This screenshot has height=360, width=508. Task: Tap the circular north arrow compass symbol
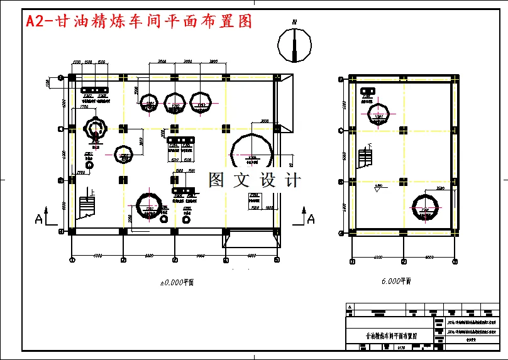294,45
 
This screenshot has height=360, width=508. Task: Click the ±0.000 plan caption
176,283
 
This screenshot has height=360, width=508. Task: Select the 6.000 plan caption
396,281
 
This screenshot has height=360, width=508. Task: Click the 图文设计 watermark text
254,180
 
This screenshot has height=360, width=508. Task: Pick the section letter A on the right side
311,219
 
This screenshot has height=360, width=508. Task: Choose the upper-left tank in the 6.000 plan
378,117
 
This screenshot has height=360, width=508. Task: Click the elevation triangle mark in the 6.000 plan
377,190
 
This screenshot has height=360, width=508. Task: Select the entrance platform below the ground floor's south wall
249,241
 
